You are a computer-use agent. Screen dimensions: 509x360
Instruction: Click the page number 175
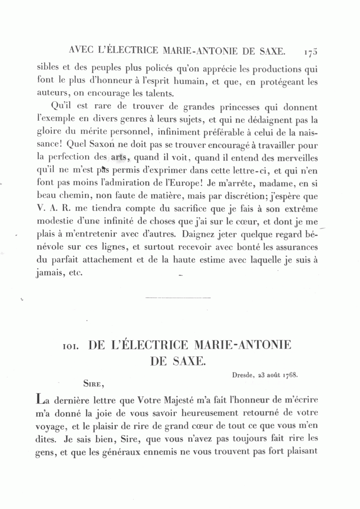(310, 52)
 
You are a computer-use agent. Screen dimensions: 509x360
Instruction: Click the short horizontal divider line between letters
(178, 298)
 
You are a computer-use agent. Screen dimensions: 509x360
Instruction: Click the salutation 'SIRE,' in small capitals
(94, 384)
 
